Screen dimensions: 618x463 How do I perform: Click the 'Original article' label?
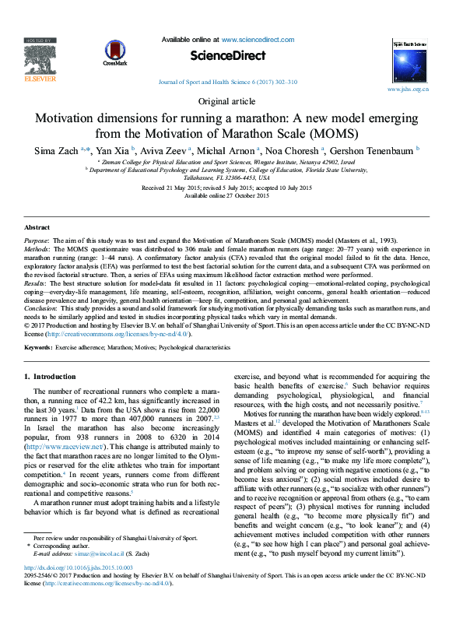(231, 102)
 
